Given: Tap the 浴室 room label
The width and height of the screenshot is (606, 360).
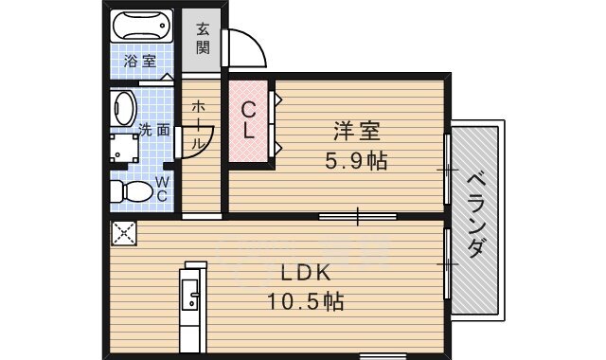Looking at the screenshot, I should (x=142, y=63).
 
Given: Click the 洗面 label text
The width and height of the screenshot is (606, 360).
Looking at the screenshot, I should (x=154, y=129).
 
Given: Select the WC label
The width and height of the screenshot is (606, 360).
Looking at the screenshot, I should (x=162, y=188).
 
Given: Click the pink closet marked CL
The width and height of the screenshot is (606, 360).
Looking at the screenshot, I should (x=248, y=121).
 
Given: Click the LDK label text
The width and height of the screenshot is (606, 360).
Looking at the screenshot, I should (x=304, y=273).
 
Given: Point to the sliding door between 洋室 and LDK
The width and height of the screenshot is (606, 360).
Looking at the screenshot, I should (x=357, y=217).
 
